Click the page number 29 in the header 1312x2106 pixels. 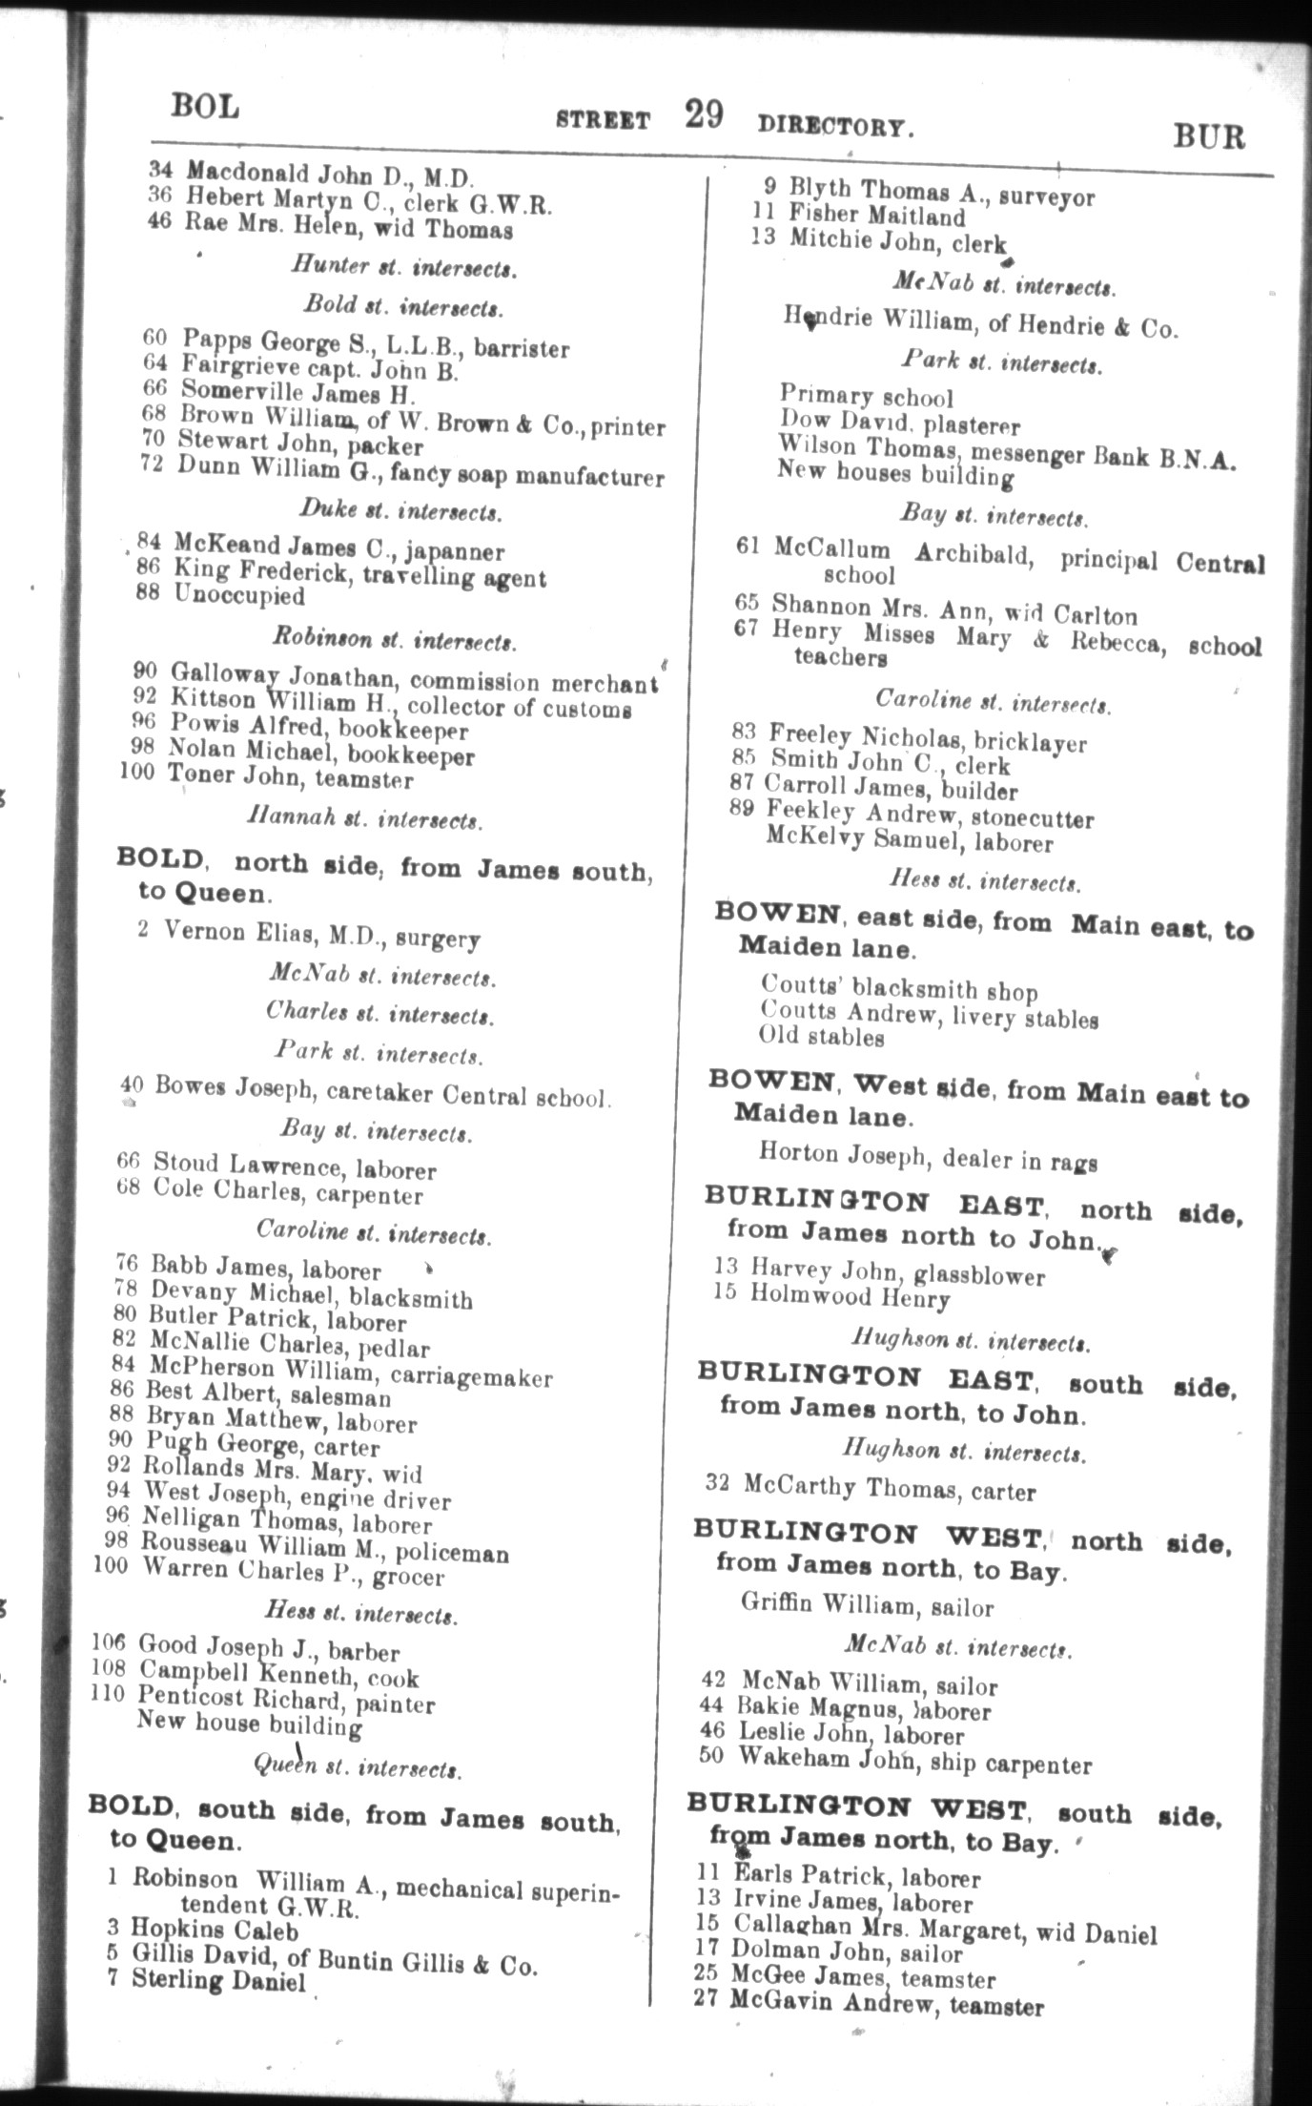click(x=703, y=115)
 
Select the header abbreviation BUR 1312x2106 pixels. click(x=1209, y=137)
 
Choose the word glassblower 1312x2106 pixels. click(x=978, y=1276)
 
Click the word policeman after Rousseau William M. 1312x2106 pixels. click(x=452, y=1553)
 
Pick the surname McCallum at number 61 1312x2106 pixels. click(x=831, y=549)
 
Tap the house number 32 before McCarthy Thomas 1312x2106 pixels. click(x=718, y=1483)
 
